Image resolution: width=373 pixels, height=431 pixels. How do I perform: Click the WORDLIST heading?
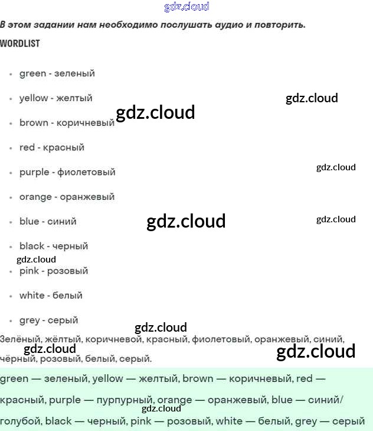click(20, 43)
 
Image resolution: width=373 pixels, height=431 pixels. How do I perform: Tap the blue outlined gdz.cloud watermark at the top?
click(186, 7)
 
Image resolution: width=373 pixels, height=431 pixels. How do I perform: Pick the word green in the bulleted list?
click(32, 73)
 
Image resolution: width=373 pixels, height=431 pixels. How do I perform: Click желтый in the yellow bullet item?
click(74, 98)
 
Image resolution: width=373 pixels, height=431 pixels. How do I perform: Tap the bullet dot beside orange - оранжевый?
click(11, 197)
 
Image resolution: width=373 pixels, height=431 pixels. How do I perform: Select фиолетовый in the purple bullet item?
click(86, 172)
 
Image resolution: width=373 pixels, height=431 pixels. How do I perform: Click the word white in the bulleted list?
click(32, 295)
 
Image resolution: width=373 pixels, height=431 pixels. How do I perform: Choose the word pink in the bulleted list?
click(30, 271)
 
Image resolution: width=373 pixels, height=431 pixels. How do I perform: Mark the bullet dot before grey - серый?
click(11, 321)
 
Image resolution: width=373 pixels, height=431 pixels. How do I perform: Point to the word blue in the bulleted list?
click(29, 221)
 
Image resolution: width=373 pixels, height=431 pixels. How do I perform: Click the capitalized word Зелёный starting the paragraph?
click(19, 339)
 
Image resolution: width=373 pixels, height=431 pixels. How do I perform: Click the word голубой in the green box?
click(21, 421)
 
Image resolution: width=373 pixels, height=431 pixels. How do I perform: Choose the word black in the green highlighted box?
click(58, 421)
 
